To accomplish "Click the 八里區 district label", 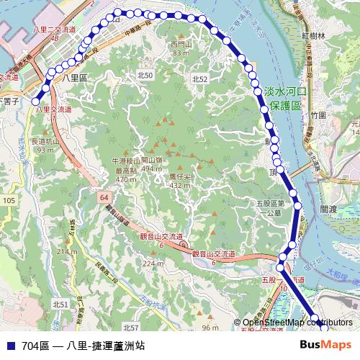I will [x=75, y=76].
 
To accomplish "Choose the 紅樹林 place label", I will [x=314, y=35].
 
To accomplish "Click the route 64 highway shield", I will [x=105, y=196].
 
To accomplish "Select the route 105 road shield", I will [x=9, y=199].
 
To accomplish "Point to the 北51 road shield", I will [x=60, y=305].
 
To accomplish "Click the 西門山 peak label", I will [x=181, y=49].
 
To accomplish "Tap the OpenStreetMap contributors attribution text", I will [x=297, y=322].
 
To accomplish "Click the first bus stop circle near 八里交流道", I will [x=35, y=102].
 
